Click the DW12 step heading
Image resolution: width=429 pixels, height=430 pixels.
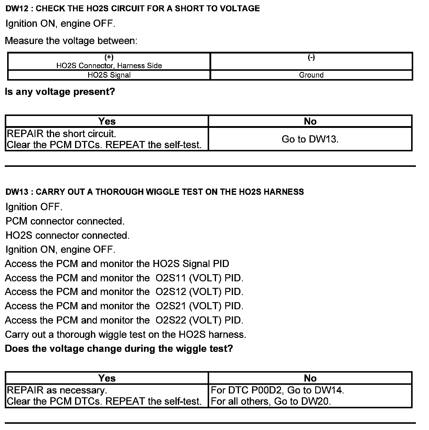133,9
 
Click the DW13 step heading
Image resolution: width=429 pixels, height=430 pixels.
155,192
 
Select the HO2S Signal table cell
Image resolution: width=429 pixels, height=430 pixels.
109,75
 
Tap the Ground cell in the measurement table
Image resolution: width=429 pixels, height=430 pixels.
311,75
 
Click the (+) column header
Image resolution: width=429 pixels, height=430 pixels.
109,57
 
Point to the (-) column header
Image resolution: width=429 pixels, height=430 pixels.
311,57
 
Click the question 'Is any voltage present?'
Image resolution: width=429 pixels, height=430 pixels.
60,92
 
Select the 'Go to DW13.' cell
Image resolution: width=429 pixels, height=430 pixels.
310,139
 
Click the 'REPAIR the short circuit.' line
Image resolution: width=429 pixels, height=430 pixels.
61,134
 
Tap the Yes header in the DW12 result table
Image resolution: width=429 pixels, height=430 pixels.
107,121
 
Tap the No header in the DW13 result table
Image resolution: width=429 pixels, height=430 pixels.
310,378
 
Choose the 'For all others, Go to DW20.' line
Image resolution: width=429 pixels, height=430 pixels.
271,401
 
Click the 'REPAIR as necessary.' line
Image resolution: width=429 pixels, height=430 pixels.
57,390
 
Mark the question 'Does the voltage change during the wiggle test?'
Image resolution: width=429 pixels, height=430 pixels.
119,349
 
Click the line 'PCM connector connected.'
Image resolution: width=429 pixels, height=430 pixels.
65,221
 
